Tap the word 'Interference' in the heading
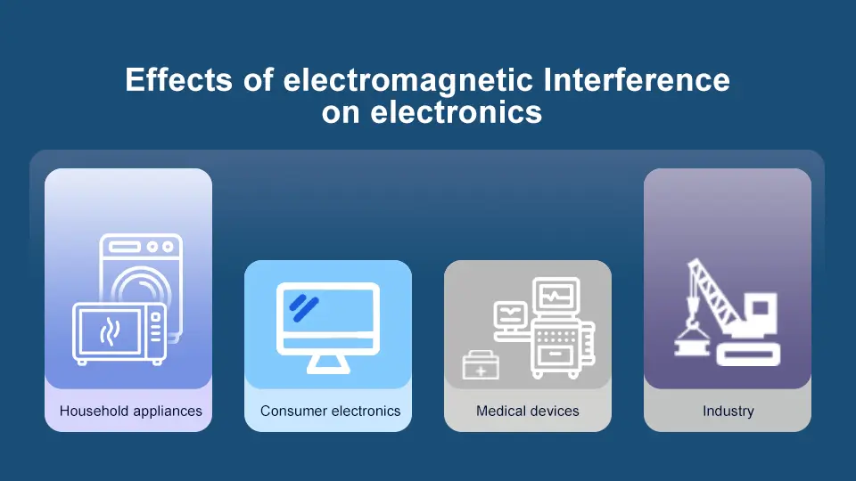click(636, 80)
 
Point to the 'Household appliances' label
click(130, 412)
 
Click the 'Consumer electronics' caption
click(330, 412)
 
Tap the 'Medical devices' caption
click(528, 412)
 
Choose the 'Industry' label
click(728, 412)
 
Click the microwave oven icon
click(119, 333)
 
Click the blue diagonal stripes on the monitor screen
click(303, 306)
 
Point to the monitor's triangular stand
click(328, 363)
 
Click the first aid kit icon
click(481, 366)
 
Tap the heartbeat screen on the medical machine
click(556, 295)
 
